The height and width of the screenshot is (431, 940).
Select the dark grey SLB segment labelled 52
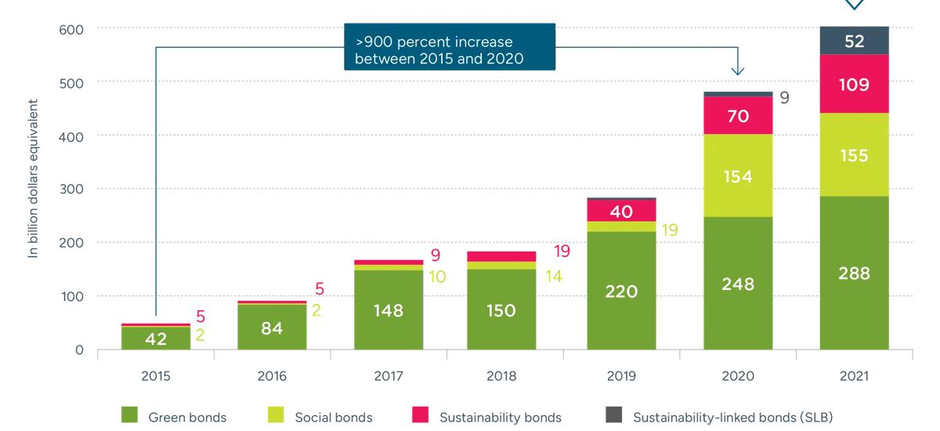tap(854, 42)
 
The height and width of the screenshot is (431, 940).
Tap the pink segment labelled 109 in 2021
tap(854, 84)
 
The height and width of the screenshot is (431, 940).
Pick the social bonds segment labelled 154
tap(737, 176)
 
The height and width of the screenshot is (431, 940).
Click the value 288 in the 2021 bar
tap(854, 273)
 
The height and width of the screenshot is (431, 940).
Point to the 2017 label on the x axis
tap(388, 376)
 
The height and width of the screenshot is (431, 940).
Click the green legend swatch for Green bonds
tap(130, 416)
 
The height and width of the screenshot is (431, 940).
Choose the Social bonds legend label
tap(334, 417)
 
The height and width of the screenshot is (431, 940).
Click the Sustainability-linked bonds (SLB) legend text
tap(732, 417)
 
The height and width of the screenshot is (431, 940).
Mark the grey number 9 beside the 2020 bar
tap(784, 98)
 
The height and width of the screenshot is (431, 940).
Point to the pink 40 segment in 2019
tap(621, 211)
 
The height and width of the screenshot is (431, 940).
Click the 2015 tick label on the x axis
tap(155, 376)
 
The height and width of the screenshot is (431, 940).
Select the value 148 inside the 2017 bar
tap(388, 310)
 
